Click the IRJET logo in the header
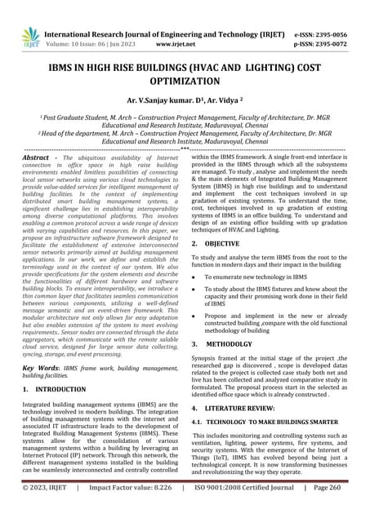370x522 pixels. tap(31, 34)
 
